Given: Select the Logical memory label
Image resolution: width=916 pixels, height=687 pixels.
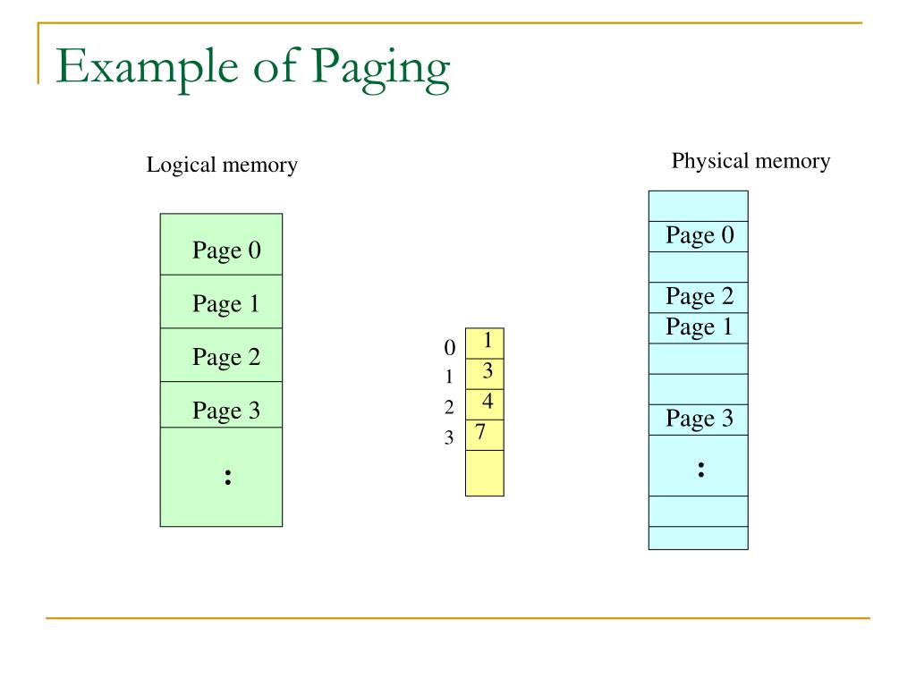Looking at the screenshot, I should pyautogui.click(x=222, y=165).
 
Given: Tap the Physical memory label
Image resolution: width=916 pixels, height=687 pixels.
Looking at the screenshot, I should pyautogui.click(x=751, y=161).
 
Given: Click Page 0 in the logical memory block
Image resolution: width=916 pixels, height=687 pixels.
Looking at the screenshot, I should pyautogui.click(x=226, y=250).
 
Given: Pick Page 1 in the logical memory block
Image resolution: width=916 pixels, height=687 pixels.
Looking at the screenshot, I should pyautogui.click(x=226, y=304).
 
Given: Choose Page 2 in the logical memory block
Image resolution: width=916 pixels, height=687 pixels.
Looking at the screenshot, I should pyautogui.click(x=226, y=358).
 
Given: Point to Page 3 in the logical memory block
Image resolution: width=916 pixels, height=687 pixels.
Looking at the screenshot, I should pyautogui.click(x=226, y=411).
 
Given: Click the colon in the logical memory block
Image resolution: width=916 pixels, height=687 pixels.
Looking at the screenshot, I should pyautogui.click(x=229, y=477).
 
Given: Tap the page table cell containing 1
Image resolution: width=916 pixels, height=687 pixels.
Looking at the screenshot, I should pyautogui.click(x=485, y=343).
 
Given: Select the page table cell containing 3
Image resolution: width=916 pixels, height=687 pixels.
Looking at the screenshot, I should pyautogui.click(x=485, y=373).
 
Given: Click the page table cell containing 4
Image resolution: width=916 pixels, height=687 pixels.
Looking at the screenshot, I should pyautogui.click(x=485, y=403).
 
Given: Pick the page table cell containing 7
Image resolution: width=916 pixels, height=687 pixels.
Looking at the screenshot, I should pyautogui.click(x=484, y=434).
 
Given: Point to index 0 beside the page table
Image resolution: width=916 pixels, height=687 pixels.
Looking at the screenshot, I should pyautogui.click(x=450, y=347).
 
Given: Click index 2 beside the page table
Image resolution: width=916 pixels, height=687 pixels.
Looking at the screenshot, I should pyautogui.click(x=450, y=408).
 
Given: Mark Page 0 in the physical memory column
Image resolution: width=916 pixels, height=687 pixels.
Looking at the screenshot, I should pyautogui.click(x=700, y=236).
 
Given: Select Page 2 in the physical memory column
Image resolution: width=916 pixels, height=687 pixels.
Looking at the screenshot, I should pyautogui.click(x=700, y=296).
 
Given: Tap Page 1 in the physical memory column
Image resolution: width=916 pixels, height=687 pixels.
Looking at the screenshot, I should pyautogui.click(x=700, y=327).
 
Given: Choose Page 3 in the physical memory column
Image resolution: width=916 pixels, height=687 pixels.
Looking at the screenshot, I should pyautogui.click(x=700, y=419).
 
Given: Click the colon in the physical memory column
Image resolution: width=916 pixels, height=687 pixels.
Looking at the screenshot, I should pyautogui.click(x=700, y=469).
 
